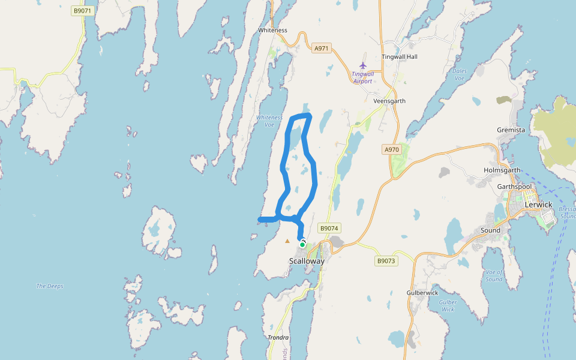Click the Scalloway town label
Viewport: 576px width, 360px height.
307,261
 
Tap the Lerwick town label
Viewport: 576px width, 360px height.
538,205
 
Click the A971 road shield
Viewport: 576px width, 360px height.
322,48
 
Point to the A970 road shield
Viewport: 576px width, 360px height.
391,149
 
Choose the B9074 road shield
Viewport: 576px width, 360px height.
329,228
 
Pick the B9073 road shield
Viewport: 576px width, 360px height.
386,261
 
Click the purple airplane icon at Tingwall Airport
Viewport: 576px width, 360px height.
362,65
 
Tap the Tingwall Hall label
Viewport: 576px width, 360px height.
400,57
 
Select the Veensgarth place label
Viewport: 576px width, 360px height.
389,101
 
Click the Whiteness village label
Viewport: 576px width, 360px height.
272,30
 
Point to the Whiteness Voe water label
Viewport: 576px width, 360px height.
269,121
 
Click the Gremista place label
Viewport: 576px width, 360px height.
511,130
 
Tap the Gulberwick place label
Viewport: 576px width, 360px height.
422,293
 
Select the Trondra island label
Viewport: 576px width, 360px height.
278,338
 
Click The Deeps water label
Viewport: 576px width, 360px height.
50,286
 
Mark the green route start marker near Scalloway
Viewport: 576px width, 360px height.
302,244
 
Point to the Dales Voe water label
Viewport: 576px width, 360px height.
460,74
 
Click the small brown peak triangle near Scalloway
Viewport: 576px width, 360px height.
287,241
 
